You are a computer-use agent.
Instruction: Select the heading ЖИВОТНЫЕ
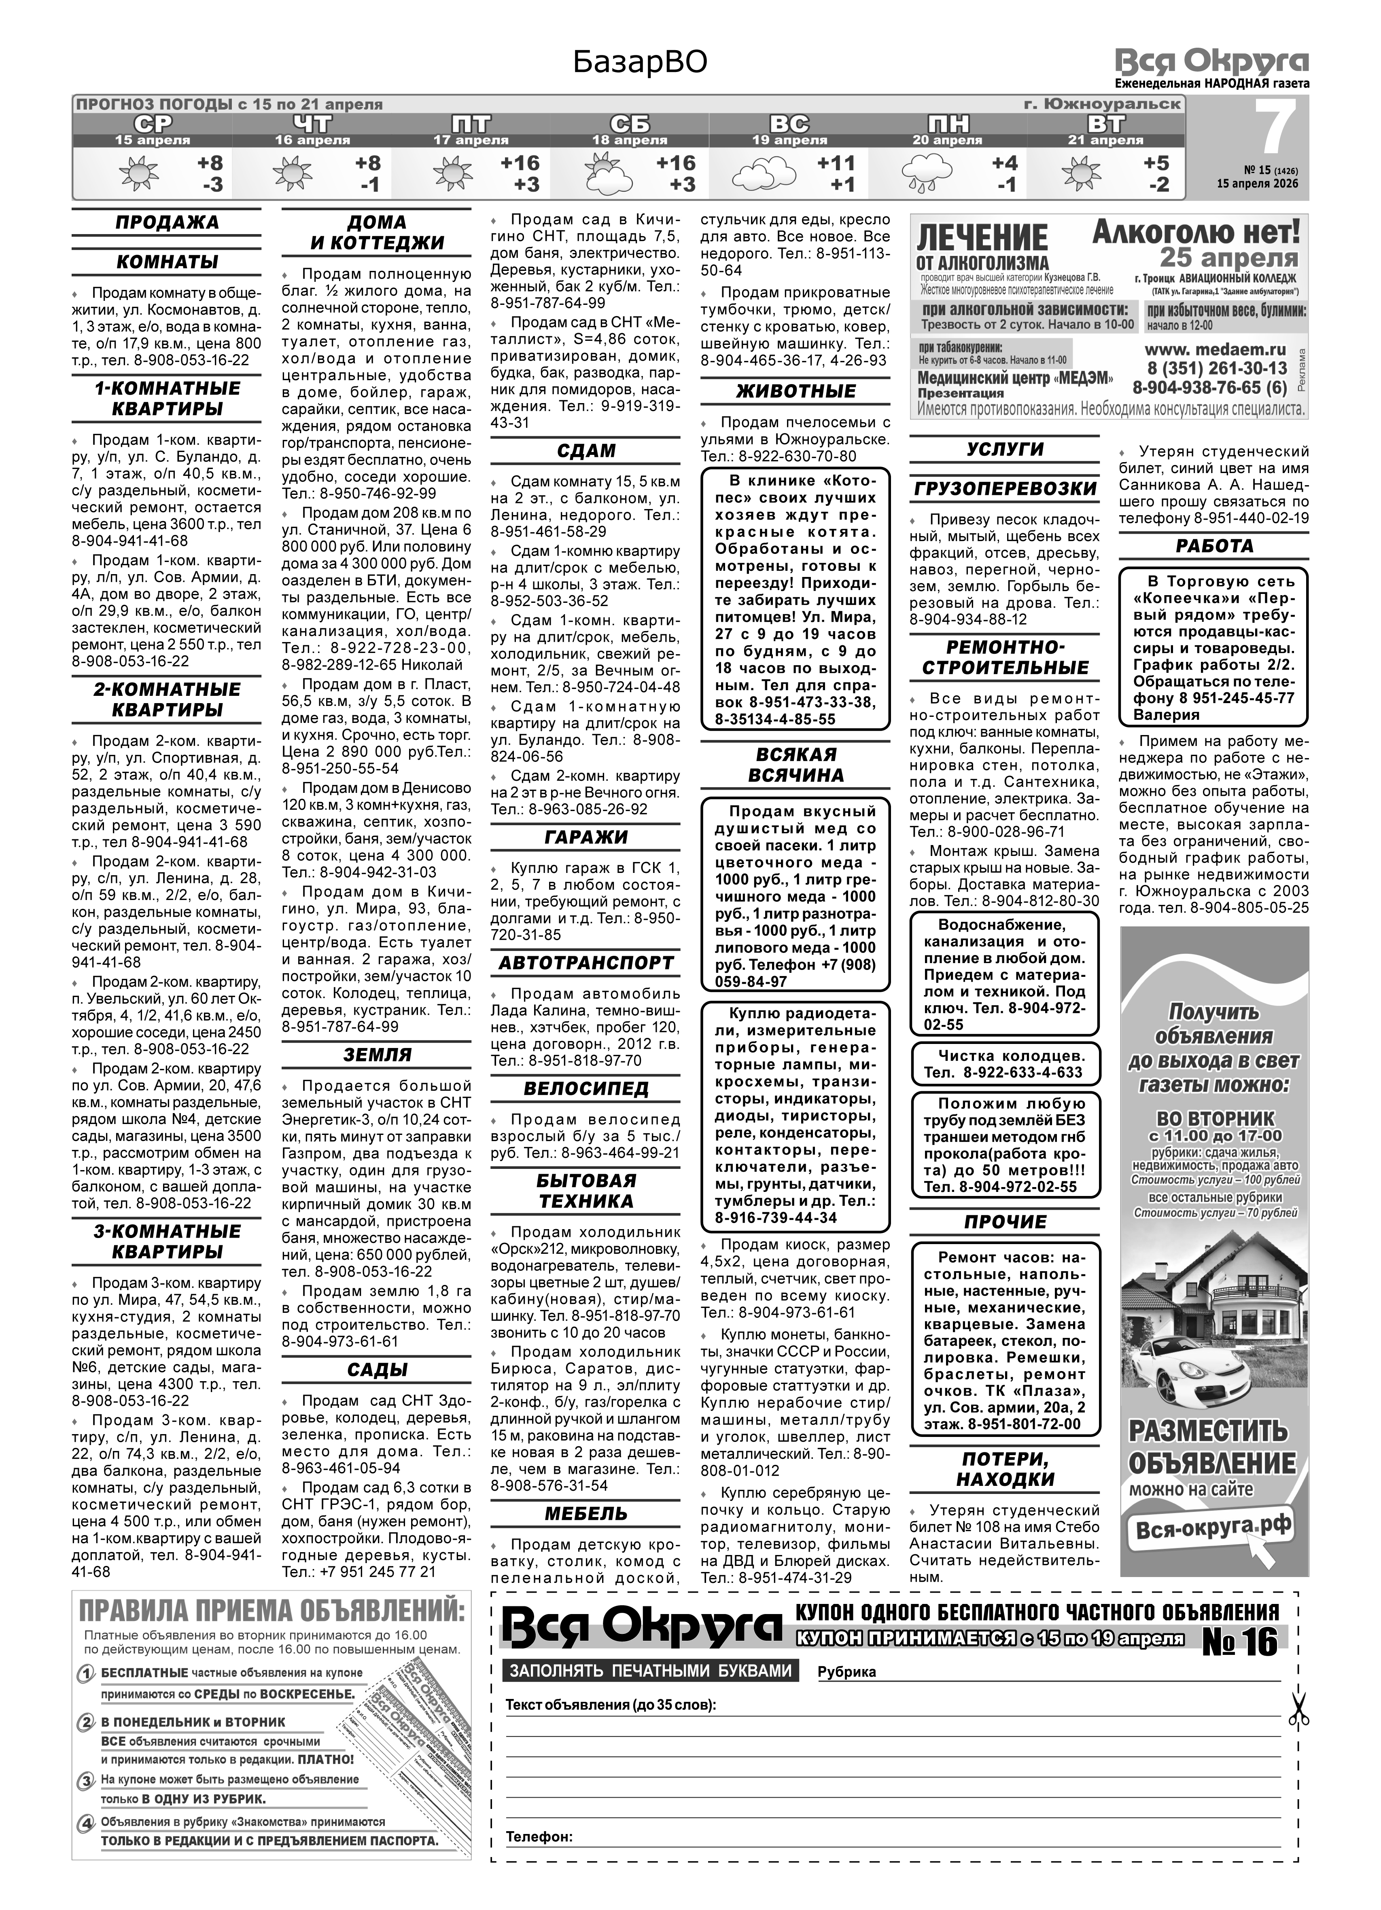coord(796,392)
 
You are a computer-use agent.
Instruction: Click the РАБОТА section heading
coord(1214,546)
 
